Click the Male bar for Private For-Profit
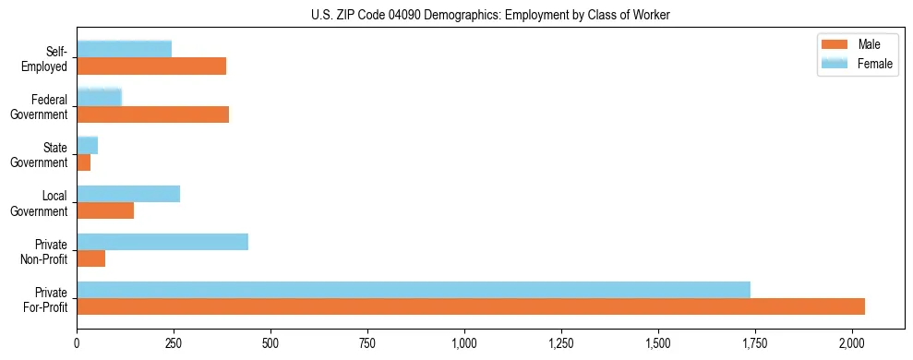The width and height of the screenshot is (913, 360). (x=471, y=306)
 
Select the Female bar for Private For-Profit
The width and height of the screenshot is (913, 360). (x=414, y=290)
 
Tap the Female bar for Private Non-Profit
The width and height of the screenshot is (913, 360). (x=162, y=242)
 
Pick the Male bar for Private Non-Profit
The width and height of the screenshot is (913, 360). (x=91, y=258)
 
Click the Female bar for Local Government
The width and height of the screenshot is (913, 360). (x=128, y=194)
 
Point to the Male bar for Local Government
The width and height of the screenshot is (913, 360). (x=105, y=210)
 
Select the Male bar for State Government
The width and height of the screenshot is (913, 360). (x=84, y=162)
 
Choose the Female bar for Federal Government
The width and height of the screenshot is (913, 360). (x=100, y=97)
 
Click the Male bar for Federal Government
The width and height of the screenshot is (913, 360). (x=153, y=114)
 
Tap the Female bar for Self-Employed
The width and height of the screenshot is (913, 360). (x=125, y=49)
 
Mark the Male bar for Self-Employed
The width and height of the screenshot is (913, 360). (x=151, y=66)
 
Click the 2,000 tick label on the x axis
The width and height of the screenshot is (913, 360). (x=851, y=343)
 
